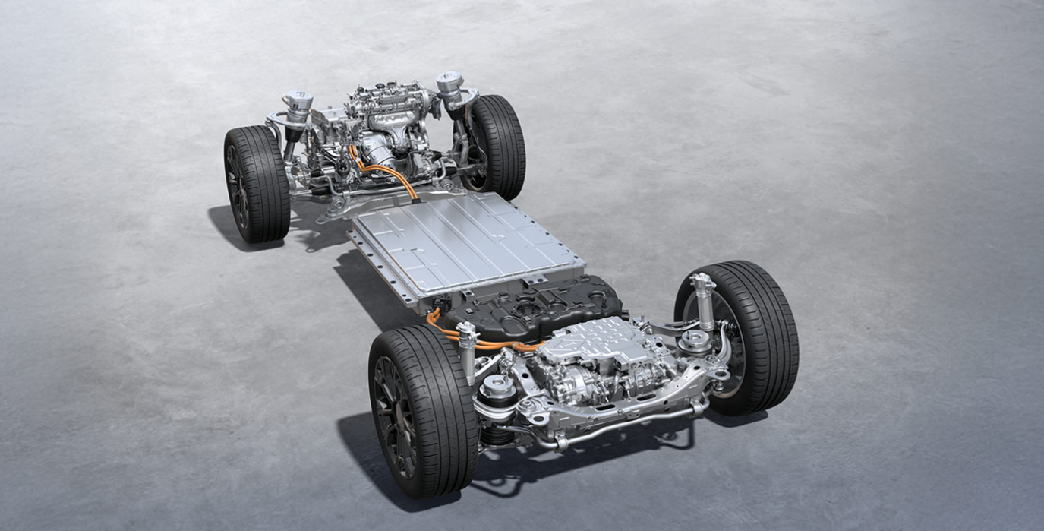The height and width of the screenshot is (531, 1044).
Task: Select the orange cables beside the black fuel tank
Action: [448, 333]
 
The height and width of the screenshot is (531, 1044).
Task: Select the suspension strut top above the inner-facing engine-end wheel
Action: [449, 82]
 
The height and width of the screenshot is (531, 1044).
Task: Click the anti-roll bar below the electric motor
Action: [623, 425]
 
